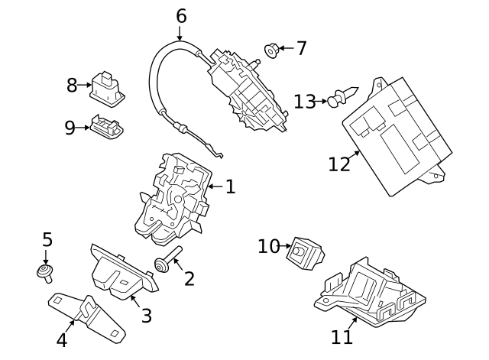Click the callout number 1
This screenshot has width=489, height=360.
(x=230, y=186)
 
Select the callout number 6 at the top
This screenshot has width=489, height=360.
(x=180, y=15)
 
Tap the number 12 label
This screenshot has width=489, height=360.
(x=339, y=164)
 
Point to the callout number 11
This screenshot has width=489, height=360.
(x=342, y=336)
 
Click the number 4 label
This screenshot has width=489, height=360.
(x=62, y=339)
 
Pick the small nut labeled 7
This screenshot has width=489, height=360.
(x=271, y=50)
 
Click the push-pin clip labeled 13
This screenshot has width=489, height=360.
(x=337, y=99)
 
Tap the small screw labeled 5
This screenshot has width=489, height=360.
(x=45, y=271)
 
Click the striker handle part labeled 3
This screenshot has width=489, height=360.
(x=122, y=273)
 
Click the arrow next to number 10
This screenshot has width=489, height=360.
(x=287, y=246)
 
